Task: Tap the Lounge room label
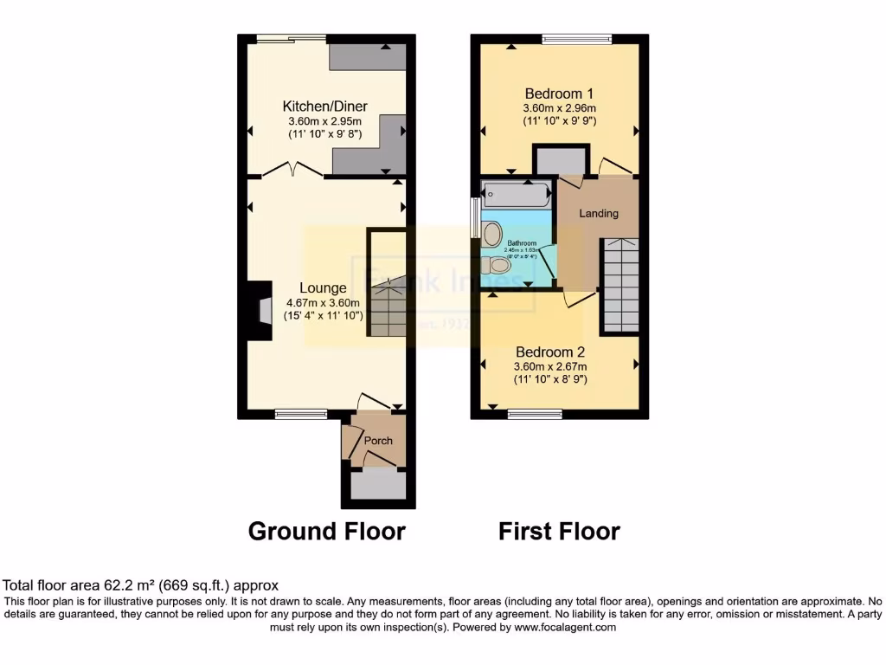(323, 287)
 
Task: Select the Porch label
(378, 441)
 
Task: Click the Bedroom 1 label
(559, 93)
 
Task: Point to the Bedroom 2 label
(550, 352)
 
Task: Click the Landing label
(599, 213)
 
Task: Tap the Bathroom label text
(522, 243)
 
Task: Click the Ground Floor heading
(326, 531)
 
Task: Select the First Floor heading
(559, 531)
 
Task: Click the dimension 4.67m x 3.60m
(323, 303)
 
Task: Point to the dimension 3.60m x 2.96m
(559, 108)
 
